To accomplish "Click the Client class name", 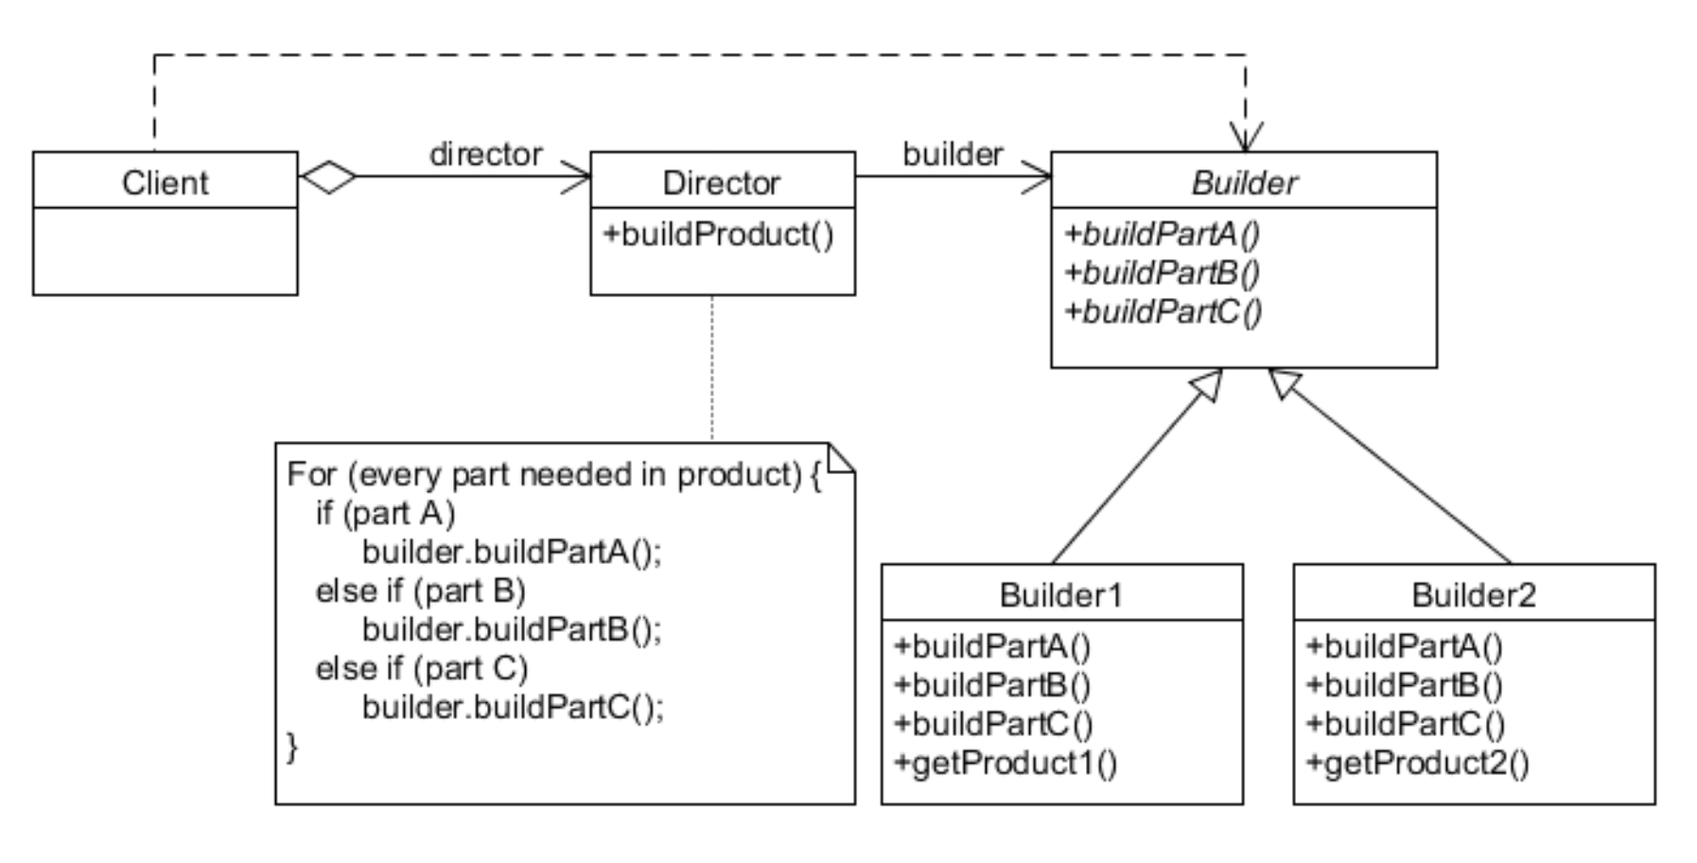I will [x=165, y=182].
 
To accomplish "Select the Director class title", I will [x=722, y=182].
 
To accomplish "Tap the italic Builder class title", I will [x=1244, y=182].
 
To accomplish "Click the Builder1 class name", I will [x=1060, y=594].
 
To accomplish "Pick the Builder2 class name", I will [x=1473, y=594].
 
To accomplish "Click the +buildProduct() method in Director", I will [x=719, y=234].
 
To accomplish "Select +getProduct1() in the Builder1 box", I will [x=1006, y=762].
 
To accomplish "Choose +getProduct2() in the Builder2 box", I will [x=1417, y=762].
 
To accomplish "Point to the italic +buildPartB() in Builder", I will [x=1163, y=273].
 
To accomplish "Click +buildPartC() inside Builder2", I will [x=1405, y=723].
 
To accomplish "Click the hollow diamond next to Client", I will [x=327, y=177].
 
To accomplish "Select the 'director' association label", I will [x=485, y=153].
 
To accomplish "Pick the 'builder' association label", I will [x=953, y=153].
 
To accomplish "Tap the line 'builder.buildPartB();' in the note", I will [x=512, y=629].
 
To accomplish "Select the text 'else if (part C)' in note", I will [x=422, y=668].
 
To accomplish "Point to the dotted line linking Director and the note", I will [x=712, y=369].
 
